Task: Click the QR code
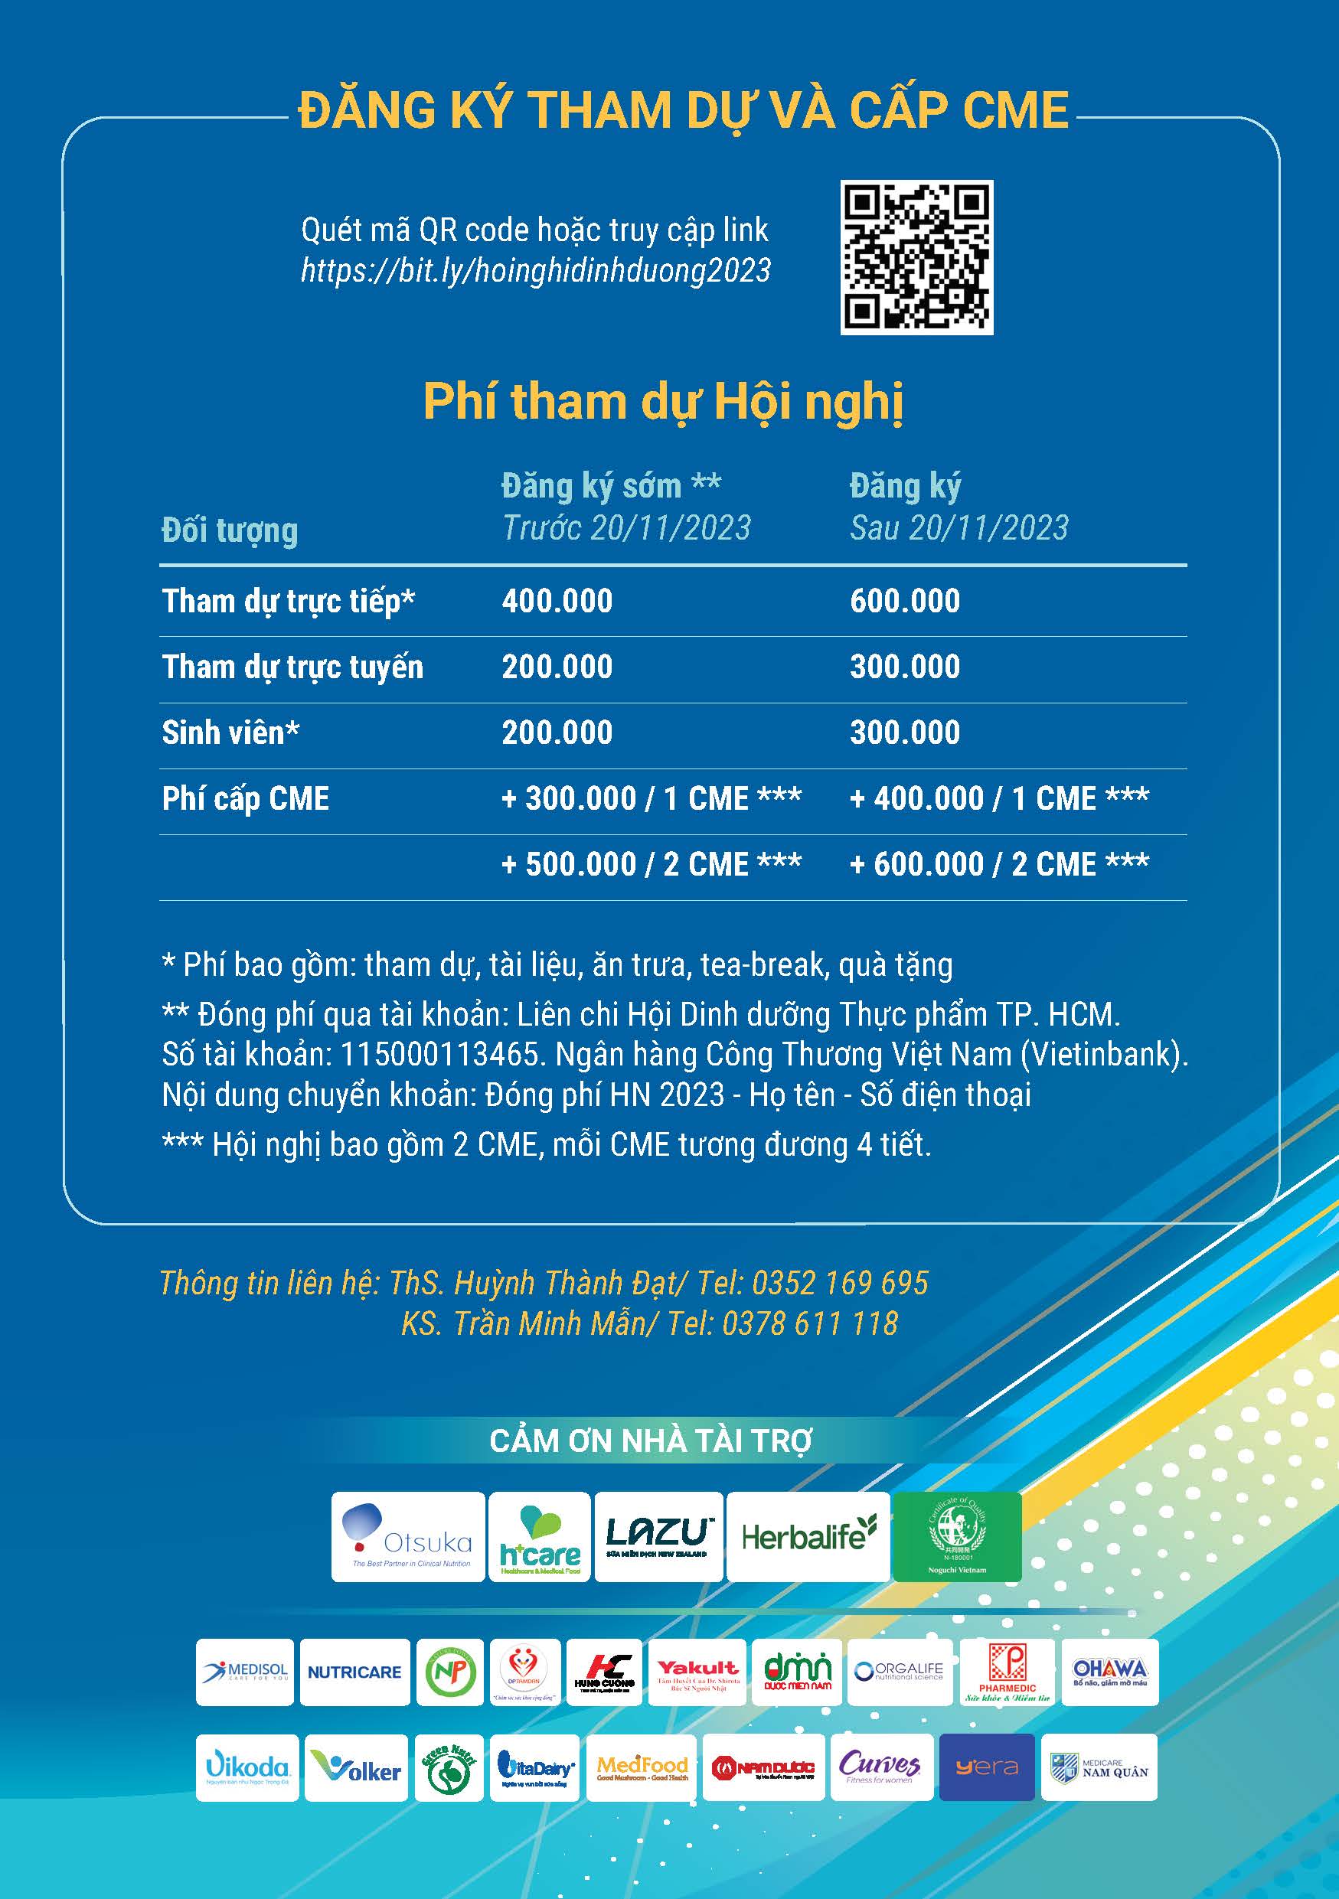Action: click(x=916, y=258)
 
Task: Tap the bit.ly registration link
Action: click(x=535, y=270)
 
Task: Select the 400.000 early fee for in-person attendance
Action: click(x=557, y=600)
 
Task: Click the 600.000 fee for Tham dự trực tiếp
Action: click(x=905, y=600)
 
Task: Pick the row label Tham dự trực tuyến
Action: click(x=292, y=667)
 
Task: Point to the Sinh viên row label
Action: click(x=230, y=733)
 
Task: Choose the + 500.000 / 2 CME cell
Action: click(x=651, y=864)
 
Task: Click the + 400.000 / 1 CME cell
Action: click(x=999, y=799)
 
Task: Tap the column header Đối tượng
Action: click(x=229, y=530)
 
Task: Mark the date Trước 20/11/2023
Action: click(x=626, y=527)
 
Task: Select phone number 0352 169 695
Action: click(x=841, y=1283)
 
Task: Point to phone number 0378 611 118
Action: click(x=810, y=1324)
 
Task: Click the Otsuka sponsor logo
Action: click(x=408, y=1537)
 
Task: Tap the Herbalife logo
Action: click(x=808, y=1537)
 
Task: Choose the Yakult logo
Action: click(x=697, y=1672)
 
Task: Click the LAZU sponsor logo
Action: click(x=658, y=1537)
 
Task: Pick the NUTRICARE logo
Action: click(x=354, y=1672)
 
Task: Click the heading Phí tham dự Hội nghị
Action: click(x=662, y=402)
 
